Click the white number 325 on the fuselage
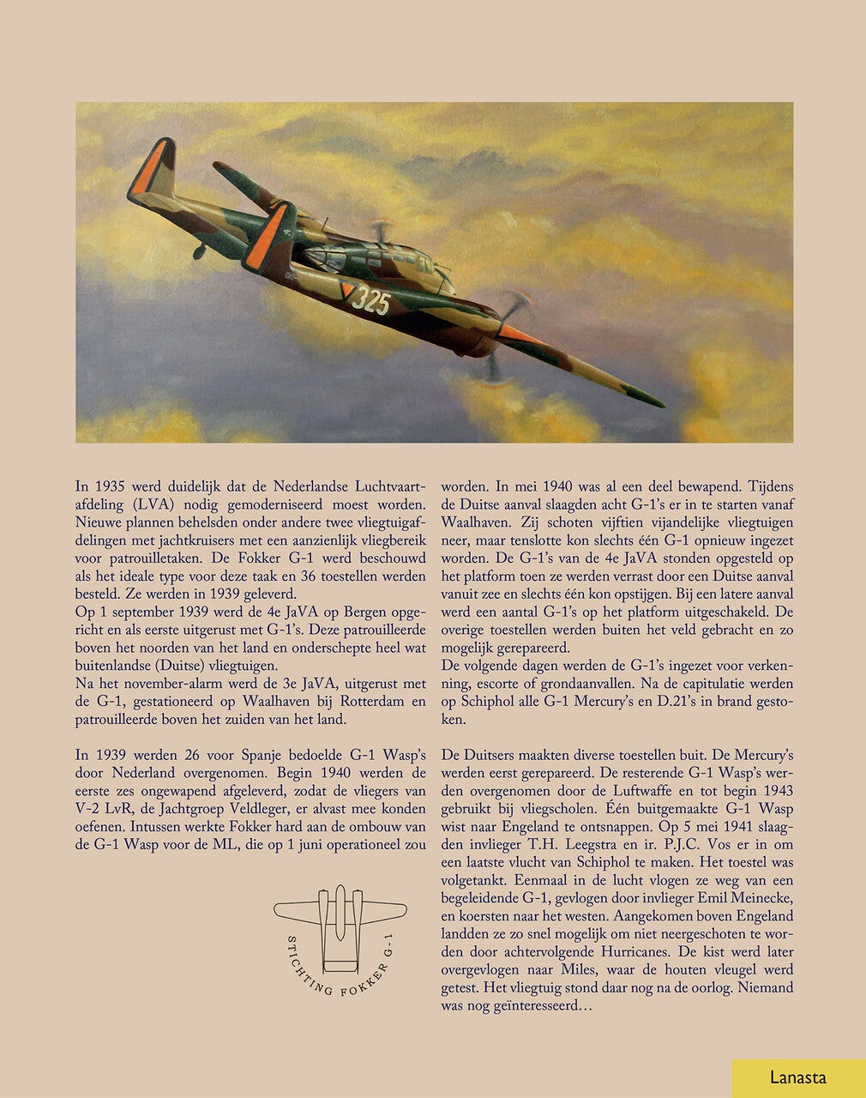point(371,301)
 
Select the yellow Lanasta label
point(798,1078)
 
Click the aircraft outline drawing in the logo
point(340,921)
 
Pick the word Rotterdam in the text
point(365,702)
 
